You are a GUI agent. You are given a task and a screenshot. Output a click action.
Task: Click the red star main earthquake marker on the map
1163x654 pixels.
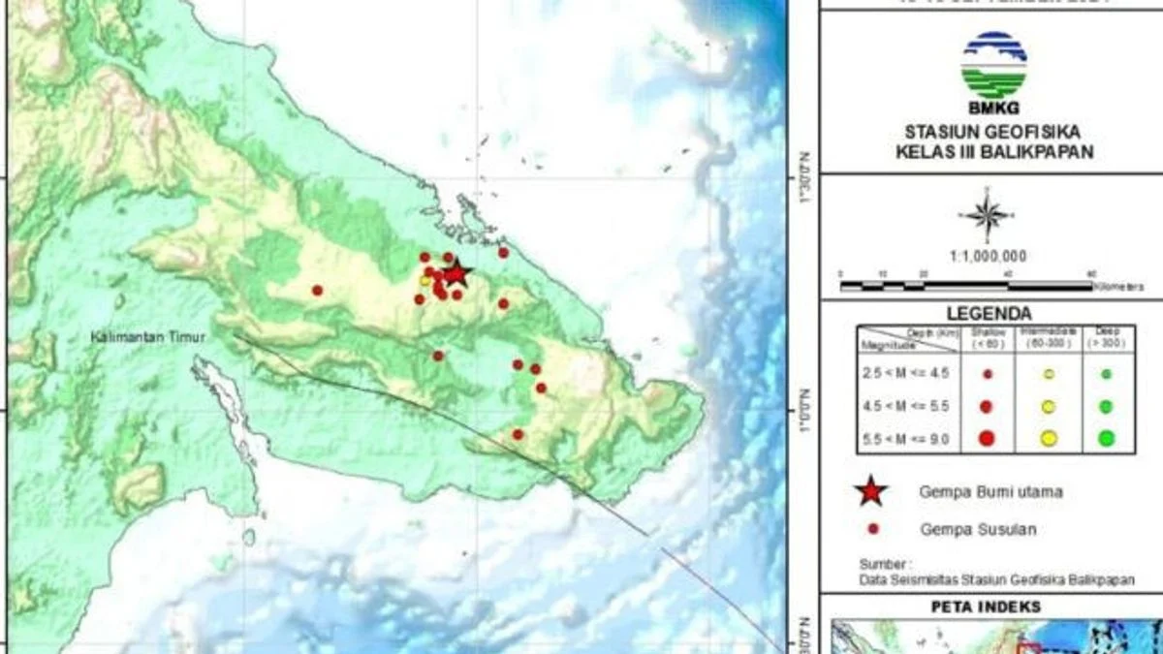[456, 273]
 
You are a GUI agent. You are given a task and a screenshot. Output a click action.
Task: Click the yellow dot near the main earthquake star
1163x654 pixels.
[424, 281]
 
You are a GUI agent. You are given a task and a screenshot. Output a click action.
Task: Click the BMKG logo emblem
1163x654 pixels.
[993, 64]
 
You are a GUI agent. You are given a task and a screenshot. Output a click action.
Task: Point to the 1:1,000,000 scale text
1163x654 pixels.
[988, 257]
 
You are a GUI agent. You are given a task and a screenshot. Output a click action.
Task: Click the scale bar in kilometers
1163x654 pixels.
[969, 285]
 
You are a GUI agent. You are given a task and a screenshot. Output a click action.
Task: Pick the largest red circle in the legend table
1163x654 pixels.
[987, 438]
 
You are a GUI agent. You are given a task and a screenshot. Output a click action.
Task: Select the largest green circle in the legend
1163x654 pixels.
[1106, 438]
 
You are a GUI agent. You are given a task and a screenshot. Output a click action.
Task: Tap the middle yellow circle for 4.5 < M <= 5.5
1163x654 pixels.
[1048, 407]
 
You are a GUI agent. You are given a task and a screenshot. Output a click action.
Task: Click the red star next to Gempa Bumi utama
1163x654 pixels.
[871, 492]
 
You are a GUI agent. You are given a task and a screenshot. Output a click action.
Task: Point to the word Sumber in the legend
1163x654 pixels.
[884, 564]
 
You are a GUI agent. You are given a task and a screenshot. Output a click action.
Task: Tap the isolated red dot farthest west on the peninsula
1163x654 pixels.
[317, 290]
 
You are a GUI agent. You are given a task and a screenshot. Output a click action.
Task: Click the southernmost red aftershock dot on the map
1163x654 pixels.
[518, 434]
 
